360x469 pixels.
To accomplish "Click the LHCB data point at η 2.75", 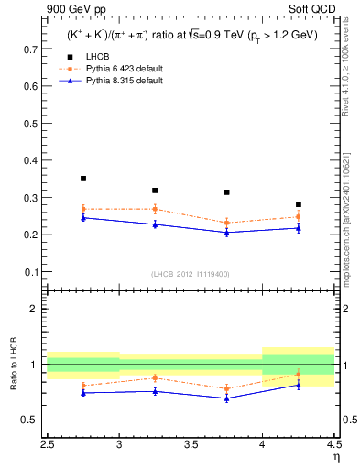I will [x=83, y=179].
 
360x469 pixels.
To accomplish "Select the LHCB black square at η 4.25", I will [x=299, y=204].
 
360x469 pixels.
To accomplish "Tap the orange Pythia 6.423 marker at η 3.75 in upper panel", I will [x=227, y=223].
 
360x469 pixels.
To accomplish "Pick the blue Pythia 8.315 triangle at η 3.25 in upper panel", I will [x=155, y=224].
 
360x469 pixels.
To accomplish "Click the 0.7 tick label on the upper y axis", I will [x=31, y=48].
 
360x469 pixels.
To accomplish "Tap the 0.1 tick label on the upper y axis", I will [x=31, y=272].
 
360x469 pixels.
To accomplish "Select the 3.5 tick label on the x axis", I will [x=191, y=444].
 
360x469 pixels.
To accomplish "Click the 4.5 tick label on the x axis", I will [x=333, y=444].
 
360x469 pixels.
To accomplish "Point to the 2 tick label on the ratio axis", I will [x=35, y=309].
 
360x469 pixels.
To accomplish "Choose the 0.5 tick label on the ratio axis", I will [x=31, y=420].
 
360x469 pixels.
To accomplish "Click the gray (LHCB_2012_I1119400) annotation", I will [x=191, y=273].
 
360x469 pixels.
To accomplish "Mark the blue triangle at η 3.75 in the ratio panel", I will [x=227, y=398].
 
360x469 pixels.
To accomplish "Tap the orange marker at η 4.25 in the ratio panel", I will [x=299, y=375].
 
